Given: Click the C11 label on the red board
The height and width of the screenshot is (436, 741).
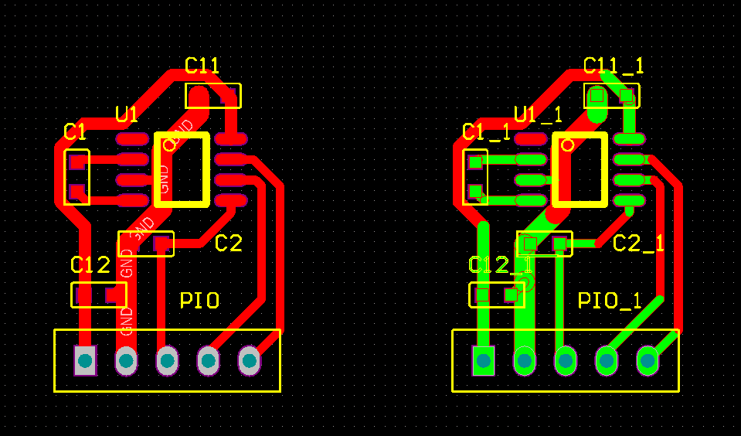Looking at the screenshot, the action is [x=202, y=66].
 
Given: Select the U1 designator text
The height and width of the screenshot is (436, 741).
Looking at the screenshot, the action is [x=127, y=115].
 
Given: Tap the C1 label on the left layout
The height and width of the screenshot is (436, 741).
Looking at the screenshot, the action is [x=75, y=132].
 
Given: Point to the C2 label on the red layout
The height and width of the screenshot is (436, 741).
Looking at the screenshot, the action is [x=229, y=244].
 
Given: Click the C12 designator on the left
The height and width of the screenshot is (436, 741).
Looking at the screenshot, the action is [x=90, y=266].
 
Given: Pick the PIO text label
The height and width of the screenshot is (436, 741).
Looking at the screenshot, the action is [x=199, y=301].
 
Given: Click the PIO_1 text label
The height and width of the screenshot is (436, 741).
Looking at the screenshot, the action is [x=610, y=301].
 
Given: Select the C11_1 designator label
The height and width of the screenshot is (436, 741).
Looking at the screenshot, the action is [x=614, y=66].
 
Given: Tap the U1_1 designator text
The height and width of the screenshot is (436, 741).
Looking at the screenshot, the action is [x=538, y=115].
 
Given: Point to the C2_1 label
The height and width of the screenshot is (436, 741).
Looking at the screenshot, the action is [x=639, y=244].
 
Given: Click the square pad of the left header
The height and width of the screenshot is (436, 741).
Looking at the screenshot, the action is [x=85, y=360].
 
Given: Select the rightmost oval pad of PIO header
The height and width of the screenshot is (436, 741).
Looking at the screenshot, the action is [x=249, y=360].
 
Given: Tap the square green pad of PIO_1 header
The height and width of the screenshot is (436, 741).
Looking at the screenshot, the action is [x=484, y=360].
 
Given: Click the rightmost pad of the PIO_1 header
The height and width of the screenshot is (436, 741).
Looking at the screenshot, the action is [x=648, y=360].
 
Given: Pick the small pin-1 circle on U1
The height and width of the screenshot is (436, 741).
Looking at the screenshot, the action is [x=170, y=144].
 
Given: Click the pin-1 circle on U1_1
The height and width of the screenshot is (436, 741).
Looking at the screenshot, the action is [x=568, y=144].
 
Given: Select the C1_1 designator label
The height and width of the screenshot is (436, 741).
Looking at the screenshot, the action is [x=486, y=132].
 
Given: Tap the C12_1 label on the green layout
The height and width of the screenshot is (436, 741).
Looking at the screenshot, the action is [x=500, y=266].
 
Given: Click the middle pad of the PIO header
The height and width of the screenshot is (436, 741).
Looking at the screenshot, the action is [x=167, y=360].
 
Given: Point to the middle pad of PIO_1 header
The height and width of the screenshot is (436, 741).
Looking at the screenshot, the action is [x=566, y=360].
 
